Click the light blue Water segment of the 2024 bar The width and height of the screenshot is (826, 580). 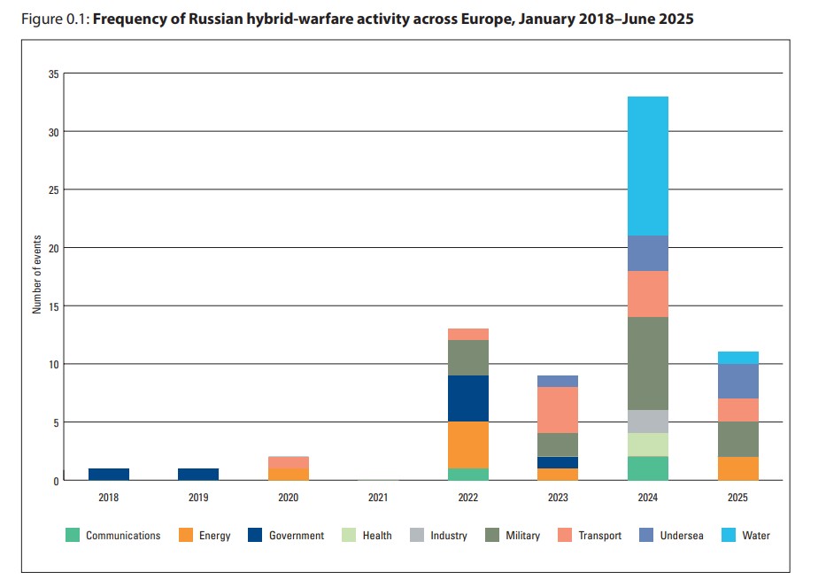pos(648,166)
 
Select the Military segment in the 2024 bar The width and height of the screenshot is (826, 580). pos(648,363)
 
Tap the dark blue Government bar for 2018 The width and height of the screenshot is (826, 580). pos(109,474)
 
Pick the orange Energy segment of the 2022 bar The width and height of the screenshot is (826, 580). pos(468,445)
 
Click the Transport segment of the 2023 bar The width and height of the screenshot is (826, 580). pos(558,410)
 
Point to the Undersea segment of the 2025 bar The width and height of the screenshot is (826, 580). pos(737,381)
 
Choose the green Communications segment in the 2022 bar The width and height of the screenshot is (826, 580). pos(468,474)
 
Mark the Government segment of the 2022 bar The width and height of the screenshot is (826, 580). pos(468,398)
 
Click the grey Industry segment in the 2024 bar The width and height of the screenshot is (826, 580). pos(648,421)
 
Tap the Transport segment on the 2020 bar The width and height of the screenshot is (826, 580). pos(289,462)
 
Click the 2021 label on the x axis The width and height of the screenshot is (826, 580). pos(378,498)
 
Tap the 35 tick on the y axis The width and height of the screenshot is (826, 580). pos(53,73)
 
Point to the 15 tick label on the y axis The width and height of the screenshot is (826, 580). pos(53,306)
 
